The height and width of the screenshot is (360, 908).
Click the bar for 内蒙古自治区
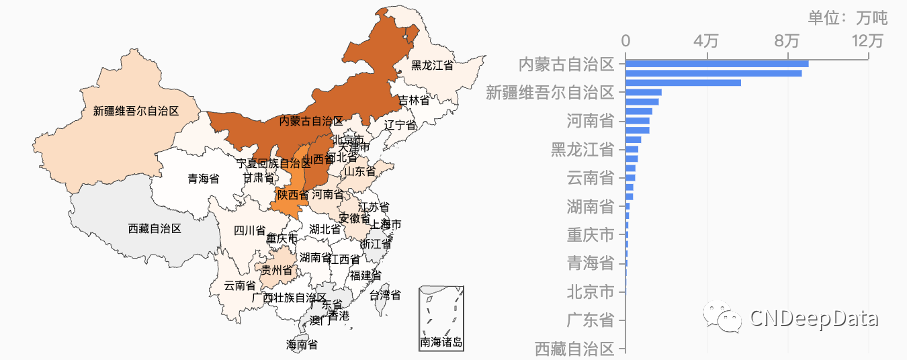point(717,64)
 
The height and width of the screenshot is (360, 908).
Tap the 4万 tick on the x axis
point(706,41)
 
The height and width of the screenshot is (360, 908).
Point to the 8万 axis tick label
point(787,41)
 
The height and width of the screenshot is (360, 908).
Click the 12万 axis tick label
point(867,41)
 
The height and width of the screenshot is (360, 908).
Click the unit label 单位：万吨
point(847,17)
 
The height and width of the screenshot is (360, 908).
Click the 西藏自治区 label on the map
point(154,229)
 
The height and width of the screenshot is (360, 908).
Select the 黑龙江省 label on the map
point(432,65)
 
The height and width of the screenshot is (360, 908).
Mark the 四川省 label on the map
point(249,231)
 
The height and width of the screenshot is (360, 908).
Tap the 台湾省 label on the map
point(386,295)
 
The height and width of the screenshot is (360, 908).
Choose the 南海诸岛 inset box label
point(441,343)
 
